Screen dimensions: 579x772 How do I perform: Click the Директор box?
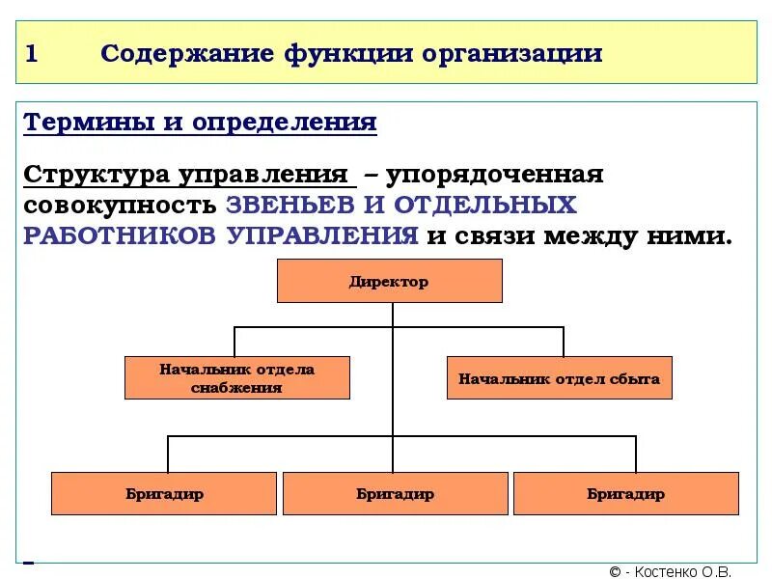pyautogui.click(x=389, y=282)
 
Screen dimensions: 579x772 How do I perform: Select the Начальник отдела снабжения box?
pyautogui.click(x=236, y=378)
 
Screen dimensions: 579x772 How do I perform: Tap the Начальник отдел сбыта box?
pyautogui.click(x=559, y=378)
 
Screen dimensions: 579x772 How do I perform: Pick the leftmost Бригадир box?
pyautogui.click(x=164, y=493)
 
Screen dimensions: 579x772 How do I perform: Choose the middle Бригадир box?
pyautogui.click(x=395, y=493)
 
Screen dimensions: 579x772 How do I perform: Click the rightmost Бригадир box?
pyautogui.click(x=625, y=493)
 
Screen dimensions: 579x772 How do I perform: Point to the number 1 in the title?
pyautogui.click(x=31, y=54)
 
